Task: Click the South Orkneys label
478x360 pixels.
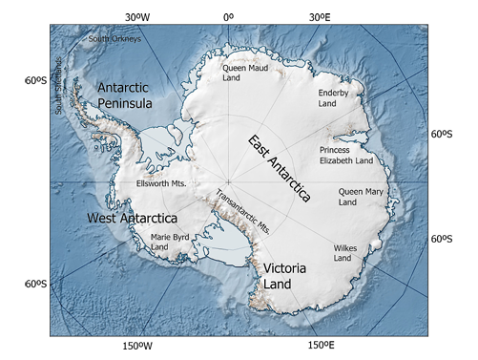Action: [x=114, y=39]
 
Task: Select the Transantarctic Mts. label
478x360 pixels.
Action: [x=245, y=210]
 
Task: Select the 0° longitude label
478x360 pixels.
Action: [x=227, y=16]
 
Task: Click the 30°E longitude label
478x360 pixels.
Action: [x=320, y=16]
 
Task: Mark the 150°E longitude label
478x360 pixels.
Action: [x=320, y=346]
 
